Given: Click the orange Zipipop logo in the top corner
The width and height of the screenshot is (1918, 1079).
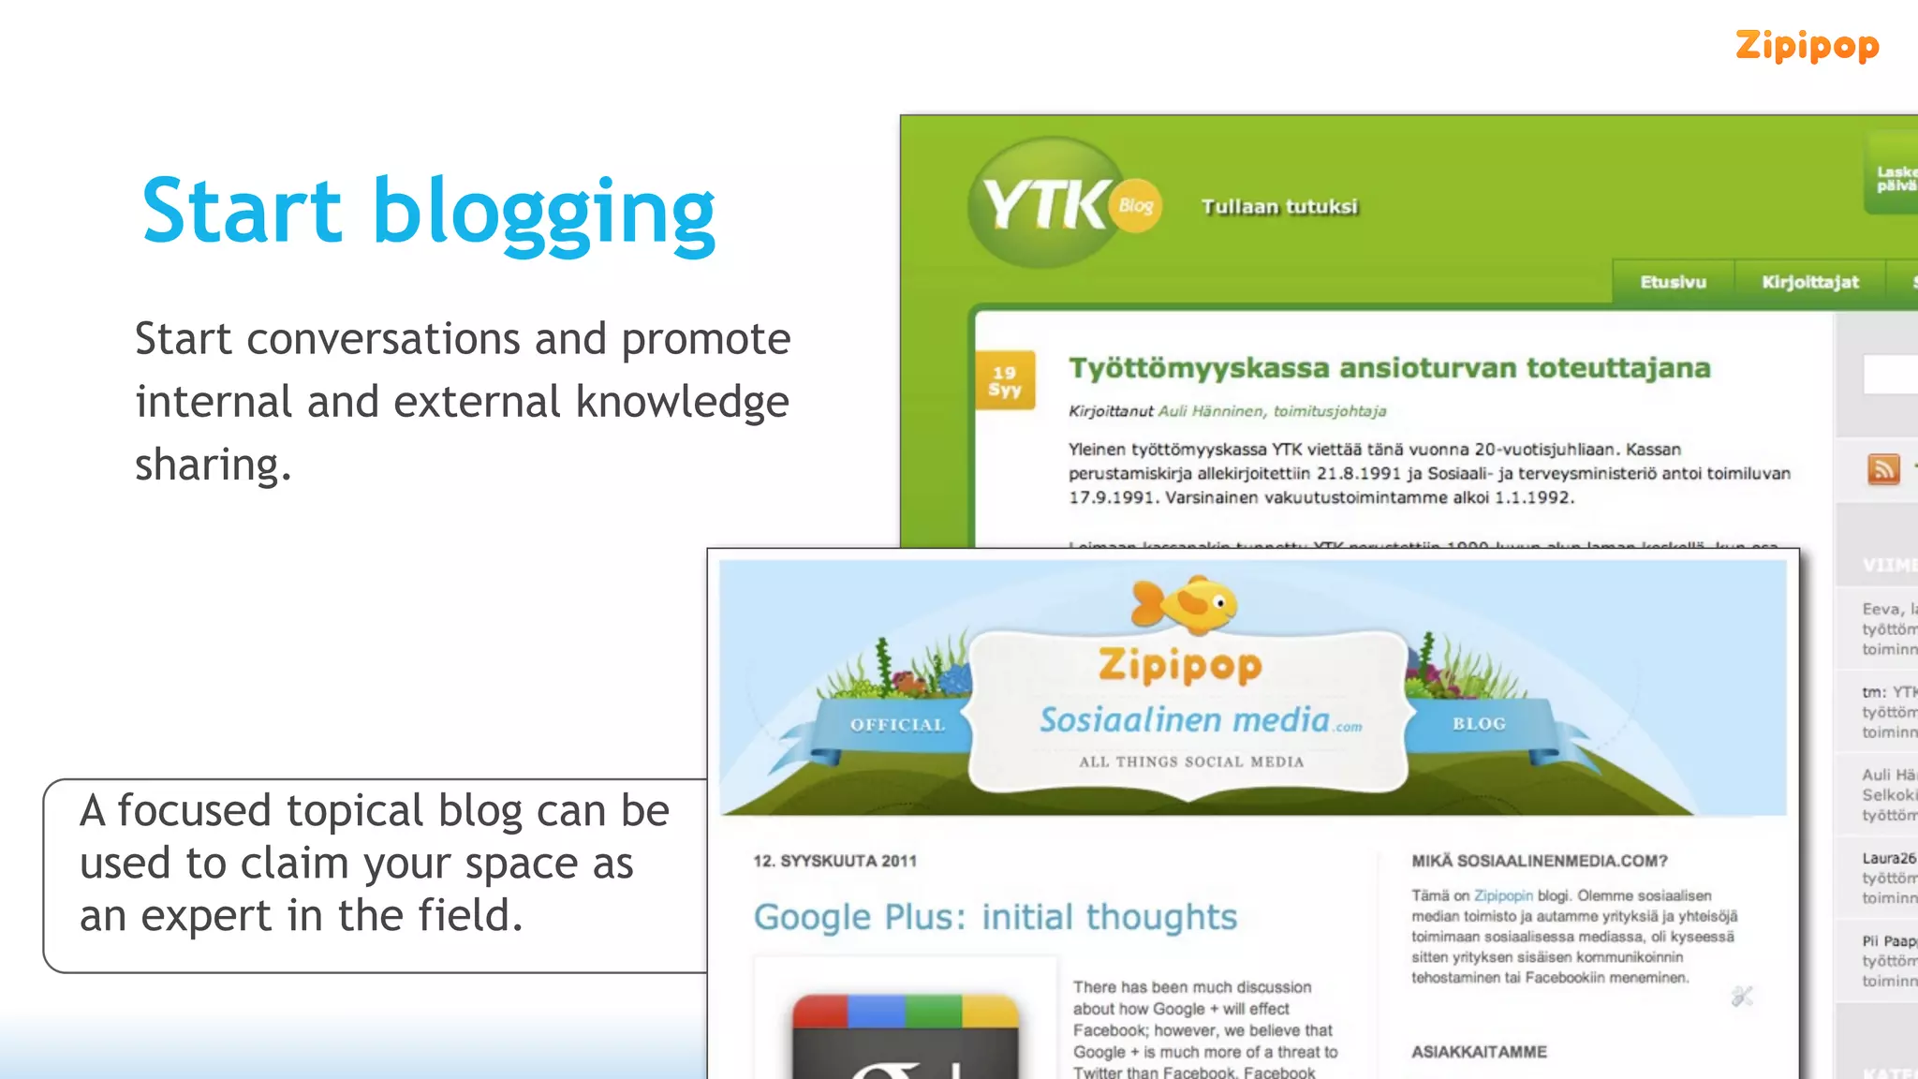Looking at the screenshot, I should point(1807,46).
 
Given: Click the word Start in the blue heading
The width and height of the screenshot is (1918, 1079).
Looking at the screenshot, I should point(242,212).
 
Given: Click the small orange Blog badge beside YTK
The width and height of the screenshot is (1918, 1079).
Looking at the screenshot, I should point(1136,205).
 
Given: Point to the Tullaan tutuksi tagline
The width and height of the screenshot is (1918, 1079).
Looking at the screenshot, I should point(1279,206).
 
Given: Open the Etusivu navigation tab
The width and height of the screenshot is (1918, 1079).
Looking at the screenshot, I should point(1673,282).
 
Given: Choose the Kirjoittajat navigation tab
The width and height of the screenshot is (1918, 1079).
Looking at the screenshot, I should point(1809,282).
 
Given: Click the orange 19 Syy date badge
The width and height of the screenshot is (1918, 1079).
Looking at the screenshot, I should point(1005,380).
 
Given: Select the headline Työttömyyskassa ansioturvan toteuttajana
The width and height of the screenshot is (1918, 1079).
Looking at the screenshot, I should point(1390,368).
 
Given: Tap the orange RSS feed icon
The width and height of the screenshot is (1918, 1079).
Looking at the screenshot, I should point(1883,468).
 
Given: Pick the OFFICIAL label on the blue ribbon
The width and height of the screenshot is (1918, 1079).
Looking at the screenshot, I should point(897,725).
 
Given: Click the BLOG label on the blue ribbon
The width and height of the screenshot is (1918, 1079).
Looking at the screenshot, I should point(1479,724).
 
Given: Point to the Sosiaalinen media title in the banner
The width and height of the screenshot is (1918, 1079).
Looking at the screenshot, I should point(1185,719).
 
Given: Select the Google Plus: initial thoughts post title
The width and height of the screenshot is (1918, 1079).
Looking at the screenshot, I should point(995,917).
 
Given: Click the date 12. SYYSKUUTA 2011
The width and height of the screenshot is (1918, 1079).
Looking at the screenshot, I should point(834,861).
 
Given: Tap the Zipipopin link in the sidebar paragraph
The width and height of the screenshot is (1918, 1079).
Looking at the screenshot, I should point(1503,895).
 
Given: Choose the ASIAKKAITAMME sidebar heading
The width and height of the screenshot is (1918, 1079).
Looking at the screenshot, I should point(1479,1052).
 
